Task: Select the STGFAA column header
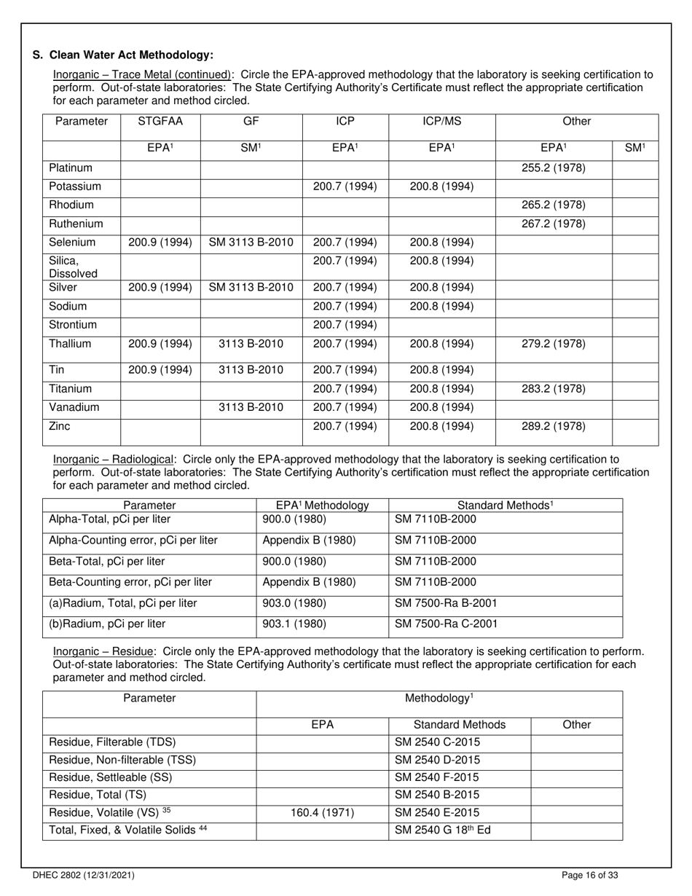160,122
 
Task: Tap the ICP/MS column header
441,122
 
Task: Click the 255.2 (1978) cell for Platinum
554,168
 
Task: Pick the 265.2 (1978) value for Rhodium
554,205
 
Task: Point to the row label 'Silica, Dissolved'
73,267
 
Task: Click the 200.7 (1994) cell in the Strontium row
345,325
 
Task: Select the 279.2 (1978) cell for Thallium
554,344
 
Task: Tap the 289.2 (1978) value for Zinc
554,427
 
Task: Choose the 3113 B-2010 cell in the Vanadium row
251,408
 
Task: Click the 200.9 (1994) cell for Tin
160,371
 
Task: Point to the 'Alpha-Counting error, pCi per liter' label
133,541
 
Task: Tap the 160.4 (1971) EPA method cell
322,813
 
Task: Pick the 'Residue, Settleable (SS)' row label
110,778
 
